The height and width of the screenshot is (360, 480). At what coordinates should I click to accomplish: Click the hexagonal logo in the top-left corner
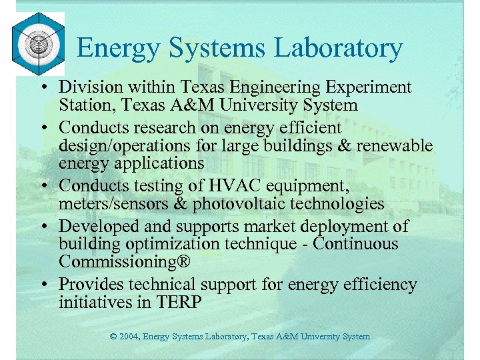[38, 45]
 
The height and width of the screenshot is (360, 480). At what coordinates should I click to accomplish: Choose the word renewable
[395, 145]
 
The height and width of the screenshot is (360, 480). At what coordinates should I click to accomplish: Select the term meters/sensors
[105, 203]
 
